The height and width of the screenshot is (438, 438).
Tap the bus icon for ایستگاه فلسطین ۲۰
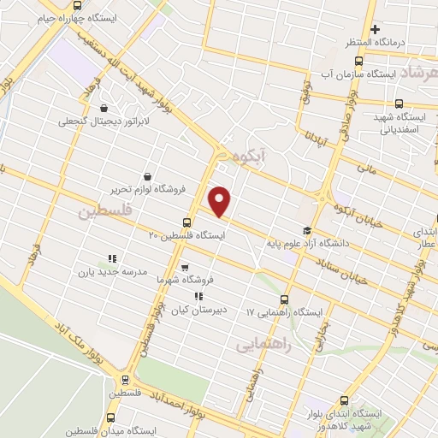point(187,222)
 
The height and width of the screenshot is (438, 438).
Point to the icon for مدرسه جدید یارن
point(111,257)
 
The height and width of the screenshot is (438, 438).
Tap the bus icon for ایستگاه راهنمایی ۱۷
point(286,299)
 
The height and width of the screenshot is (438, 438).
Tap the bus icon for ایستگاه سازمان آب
point(358,61)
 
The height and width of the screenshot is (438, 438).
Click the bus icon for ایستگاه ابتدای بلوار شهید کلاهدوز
point(344,400)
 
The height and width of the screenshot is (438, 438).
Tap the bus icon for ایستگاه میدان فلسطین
point(110,417)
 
